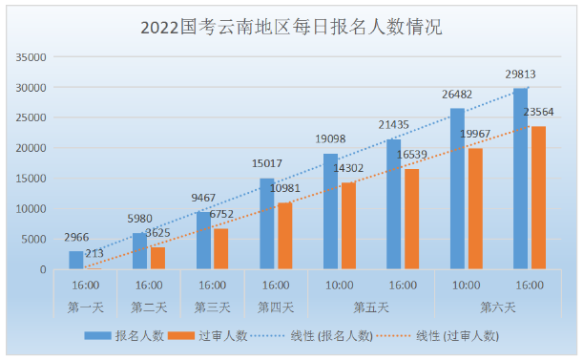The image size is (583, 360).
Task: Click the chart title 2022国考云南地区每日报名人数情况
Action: click(x=291, y=27)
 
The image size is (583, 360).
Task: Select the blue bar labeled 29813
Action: click(x=520, y=179)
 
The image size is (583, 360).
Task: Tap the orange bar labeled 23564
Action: click(x=538, y=198)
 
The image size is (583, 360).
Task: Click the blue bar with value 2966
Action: click(x=76, y=260)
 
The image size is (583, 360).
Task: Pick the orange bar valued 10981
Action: click(x=285, y=236)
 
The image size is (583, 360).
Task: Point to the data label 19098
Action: click(x=330, y=139)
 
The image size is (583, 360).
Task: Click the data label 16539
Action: click(x=411, y=155)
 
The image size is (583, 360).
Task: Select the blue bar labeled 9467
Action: click(x=203, y=241)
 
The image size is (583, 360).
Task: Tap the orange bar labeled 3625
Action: click(x=158, y=258)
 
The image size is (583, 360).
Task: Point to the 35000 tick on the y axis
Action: click(x=31, y=57)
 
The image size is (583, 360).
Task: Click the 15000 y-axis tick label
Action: click(x=31, y=179)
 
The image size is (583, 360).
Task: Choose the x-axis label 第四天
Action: click(x=276, y=307)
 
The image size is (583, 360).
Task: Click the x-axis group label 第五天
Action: click(x=371, y=307)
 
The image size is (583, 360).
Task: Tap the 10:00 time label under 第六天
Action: click(x=467, y=286)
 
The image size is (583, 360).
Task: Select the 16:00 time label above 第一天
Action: click(x=86, y=286)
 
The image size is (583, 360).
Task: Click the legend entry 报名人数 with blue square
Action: click(x=124, y=336)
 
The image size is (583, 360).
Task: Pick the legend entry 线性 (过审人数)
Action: click(x=438, y=336)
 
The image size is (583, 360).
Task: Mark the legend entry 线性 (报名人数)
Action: click(x=312, y=336)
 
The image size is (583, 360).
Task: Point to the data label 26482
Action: click(x=457, y=95)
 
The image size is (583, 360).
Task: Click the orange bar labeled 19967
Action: click(x=475, y=209)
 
